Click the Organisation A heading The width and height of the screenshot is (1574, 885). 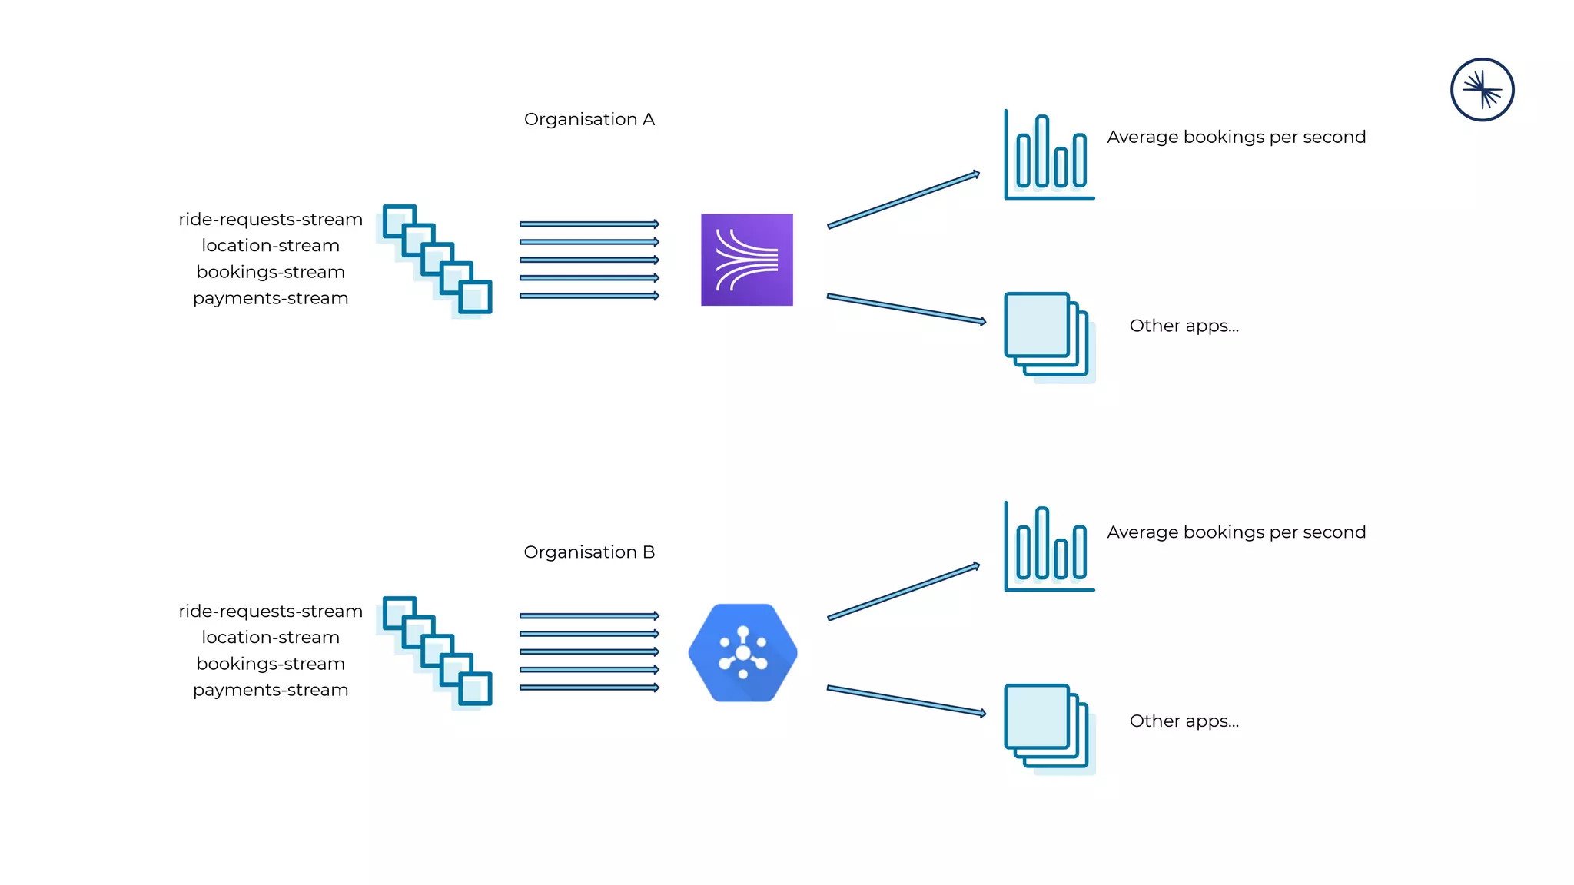click(589, 119)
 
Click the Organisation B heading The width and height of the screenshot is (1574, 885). click(589, 552)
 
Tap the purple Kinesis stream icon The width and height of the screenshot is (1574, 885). click(746, 260)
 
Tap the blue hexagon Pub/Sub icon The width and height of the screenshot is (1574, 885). click(742, 653)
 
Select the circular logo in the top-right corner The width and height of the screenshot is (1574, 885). click(1482, 90)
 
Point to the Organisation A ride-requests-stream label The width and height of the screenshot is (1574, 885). click(271, 220)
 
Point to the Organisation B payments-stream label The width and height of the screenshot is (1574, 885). click(271, 690)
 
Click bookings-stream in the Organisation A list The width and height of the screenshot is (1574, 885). click(271, 272)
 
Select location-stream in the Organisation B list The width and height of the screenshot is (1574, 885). click(271, 638)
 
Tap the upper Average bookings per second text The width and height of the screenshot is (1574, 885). click(1236, 137)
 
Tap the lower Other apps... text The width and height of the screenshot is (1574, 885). click(1184, 721)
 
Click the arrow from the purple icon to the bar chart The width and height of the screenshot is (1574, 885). click(903, 200)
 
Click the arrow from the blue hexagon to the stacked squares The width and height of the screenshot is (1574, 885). click(905, 701)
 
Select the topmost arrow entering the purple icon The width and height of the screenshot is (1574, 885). click(589, 224)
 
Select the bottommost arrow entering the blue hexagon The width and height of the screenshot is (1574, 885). click(589, 688)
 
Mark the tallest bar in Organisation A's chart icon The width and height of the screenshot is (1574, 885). click(1041, 151)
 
